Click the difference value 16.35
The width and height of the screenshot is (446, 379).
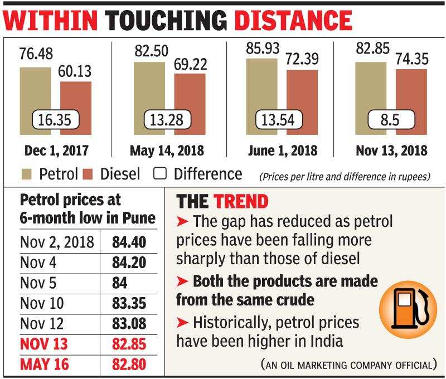pos(55,119)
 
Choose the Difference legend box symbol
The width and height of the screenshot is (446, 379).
pos(161,173)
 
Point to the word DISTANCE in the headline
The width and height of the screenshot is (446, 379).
pos(293,20)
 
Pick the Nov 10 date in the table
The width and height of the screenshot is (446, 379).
pos(42,304)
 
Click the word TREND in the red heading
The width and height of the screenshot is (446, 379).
pos(241,201)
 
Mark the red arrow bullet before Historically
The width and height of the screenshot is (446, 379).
pos(182,322)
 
